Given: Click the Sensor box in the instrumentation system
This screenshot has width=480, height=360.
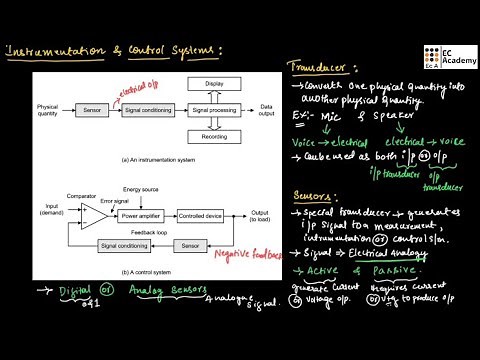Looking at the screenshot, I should click(x=92, y=109).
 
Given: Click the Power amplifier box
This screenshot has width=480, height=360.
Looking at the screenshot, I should click(x=140, y=214).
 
